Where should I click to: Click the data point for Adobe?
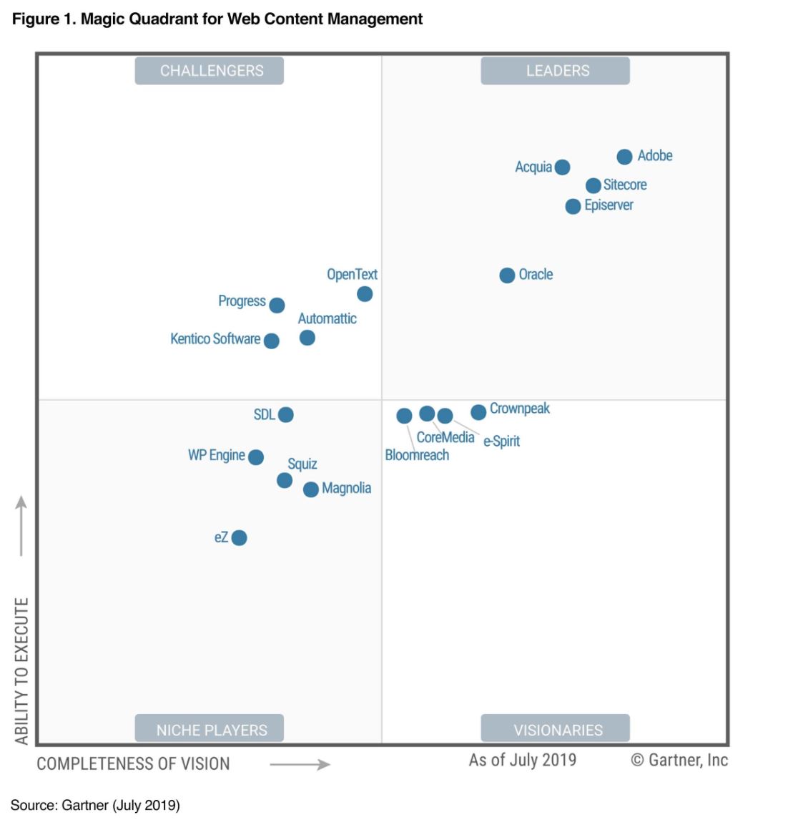click(x=624, y=157)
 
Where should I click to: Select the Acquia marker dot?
click(x=562, y=167)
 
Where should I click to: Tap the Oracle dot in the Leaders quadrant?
click(x=507, y=275)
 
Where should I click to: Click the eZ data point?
click(x=240, y=537)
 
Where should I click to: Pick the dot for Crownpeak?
click(x=478, y=411)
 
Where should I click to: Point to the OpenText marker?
click(x=365, y=294)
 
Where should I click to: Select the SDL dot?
click(x=285, y=414)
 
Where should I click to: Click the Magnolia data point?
click(x=310, y=489)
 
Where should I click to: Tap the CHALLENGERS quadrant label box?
click(x=210, y=71)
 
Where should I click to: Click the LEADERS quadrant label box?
click(x=556, y=71)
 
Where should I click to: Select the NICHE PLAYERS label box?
click(x=210, y=729)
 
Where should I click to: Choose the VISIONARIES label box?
click(x=556, y=729)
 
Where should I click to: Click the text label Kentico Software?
click(x=215, y=339)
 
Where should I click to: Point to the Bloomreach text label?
click(x=417, y=455)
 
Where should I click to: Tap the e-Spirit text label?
click(x=501, y=441)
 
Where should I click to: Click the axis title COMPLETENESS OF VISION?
click(x=133, y=763)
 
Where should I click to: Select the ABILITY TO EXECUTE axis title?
click(x=21, y=670)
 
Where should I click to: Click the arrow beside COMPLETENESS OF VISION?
click(x=300, y=764)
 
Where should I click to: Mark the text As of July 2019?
click(x=522, y=760)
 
